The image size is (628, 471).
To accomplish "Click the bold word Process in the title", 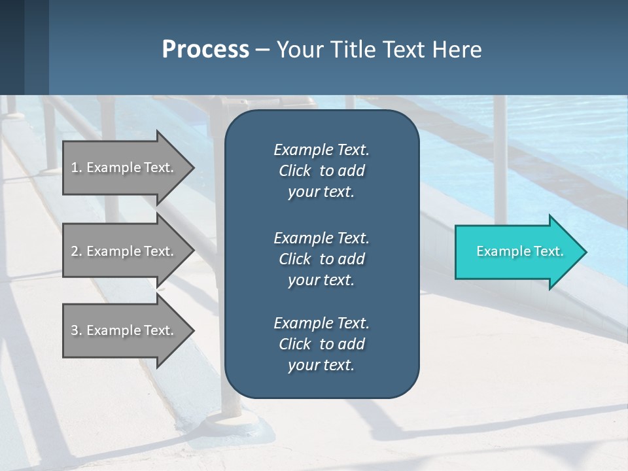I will (205, 50).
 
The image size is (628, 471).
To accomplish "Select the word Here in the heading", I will (457, 50).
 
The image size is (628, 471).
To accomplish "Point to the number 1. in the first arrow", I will (77, 167).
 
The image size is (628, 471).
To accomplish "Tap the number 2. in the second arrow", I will (77, 251).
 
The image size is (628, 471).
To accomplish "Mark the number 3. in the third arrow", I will (77, 330).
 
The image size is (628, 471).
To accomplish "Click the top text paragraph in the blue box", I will (321, 171).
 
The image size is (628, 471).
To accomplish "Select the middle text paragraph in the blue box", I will (321, 258).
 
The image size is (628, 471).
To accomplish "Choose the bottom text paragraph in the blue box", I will (321, 344).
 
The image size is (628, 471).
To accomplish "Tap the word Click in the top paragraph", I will (294, 171).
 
